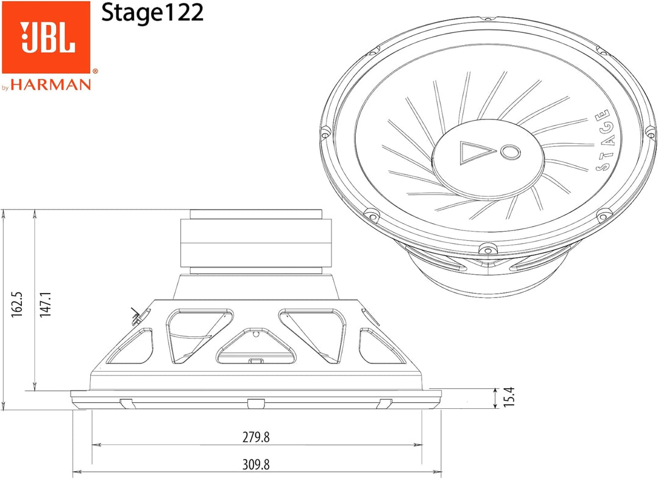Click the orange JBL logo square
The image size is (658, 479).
coord(46,37)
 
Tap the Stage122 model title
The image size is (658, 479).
coord(152,13)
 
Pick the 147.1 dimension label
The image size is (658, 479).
coord(46,303)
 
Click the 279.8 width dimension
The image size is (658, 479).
coord(256,437)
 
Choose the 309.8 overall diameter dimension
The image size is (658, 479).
coord(256,464)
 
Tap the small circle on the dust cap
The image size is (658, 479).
coord(510,151)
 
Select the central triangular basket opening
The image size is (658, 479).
coord(256,348)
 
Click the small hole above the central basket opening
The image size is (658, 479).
coord(256,333)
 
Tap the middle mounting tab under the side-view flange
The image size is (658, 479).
coord(256,403)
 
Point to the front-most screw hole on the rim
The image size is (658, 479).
coord(487,248)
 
